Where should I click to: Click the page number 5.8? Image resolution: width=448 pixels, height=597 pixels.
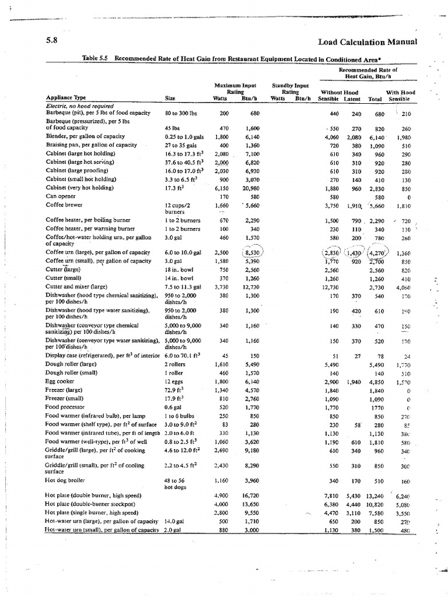(x=51, y=41)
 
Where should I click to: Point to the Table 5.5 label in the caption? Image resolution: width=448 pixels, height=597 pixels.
(x=96, y=58)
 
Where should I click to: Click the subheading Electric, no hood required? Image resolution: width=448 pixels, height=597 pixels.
(x=78, y=106)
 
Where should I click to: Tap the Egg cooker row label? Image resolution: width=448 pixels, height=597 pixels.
(x=61, y=381)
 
